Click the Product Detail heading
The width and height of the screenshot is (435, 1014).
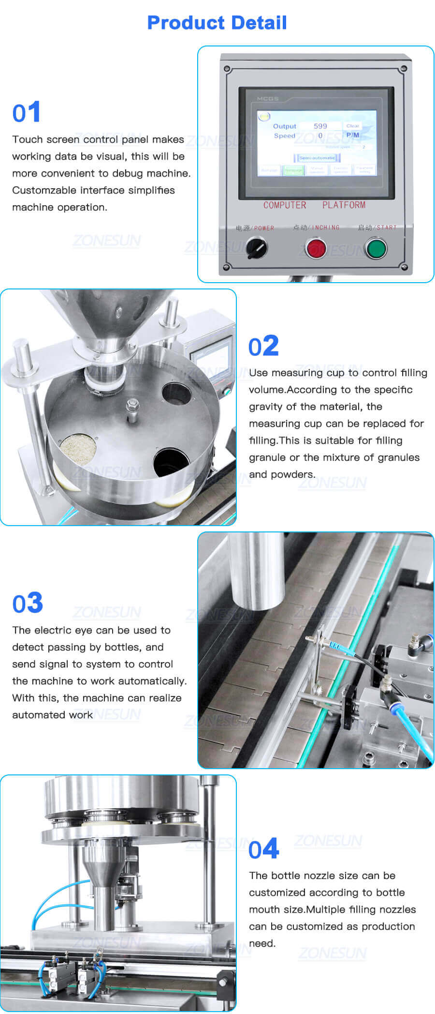(x=217, y=23)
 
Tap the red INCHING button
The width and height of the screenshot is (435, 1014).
(x=317, y=248)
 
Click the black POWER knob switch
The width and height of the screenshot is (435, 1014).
(x=256, y=248)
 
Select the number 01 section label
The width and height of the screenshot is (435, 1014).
(x=26, y=113)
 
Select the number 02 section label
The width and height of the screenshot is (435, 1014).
(x=263, y=347)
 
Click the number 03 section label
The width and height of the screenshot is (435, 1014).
(x=28, y=604)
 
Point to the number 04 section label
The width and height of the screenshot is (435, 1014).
(x=263, y=849)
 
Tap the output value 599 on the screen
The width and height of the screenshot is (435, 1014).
(x=320, y=126)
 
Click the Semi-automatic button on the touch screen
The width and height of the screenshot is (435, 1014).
(x=317, y=158)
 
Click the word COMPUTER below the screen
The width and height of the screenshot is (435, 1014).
(x=285, y=205)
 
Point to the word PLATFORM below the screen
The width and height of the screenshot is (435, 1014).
(x=344, y=205)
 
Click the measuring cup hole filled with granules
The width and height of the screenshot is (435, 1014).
(x=78, y=448)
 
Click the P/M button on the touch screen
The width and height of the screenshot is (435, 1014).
(x=352, y=135)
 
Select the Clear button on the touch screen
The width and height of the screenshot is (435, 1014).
(x=352, y=126)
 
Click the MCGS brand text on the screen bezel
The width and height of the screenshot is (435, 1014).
(x=267, y=99)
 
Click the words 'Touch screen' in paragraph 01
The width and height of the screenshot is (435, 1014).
(x=46, y=139)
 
